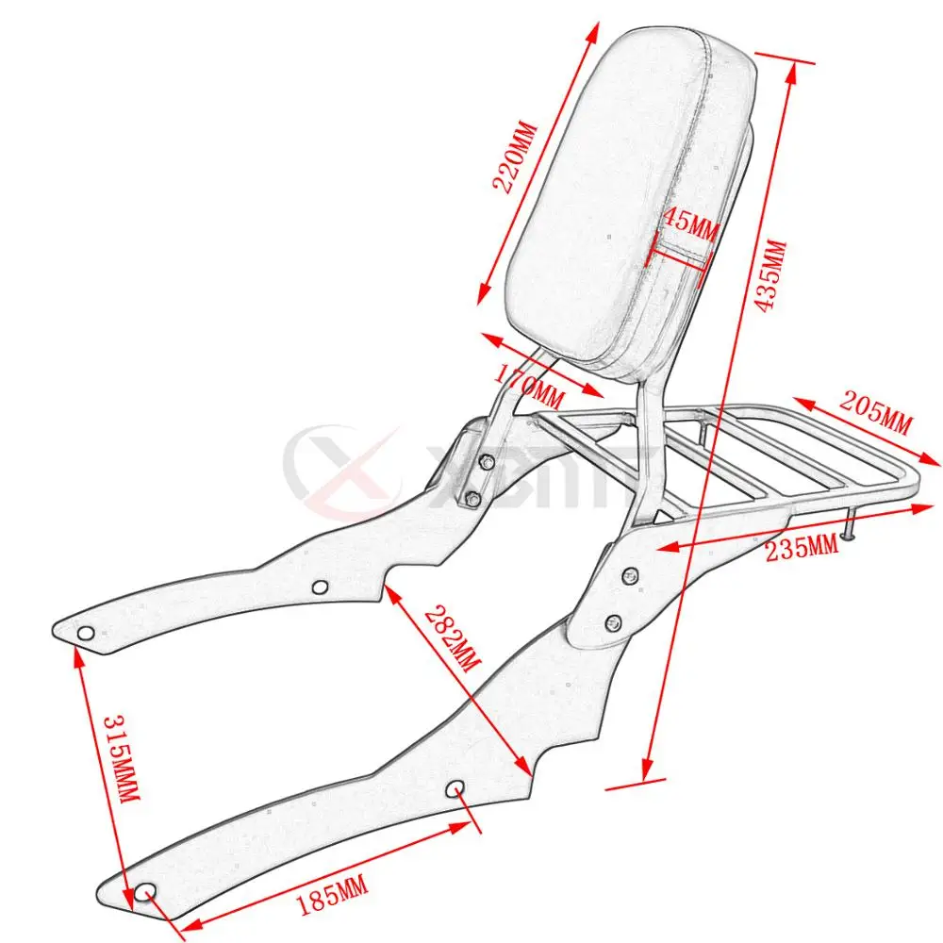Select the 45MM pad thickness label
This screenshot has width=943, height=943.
(x=690, y=225)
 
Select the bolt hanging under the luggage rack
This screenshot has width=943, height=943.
(x=851, y=527)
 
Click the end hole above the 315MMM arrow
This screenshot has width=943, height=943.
(x=86, y=633)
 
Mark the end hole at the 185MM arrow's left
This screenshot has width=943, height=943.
(x=144, y=892)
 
